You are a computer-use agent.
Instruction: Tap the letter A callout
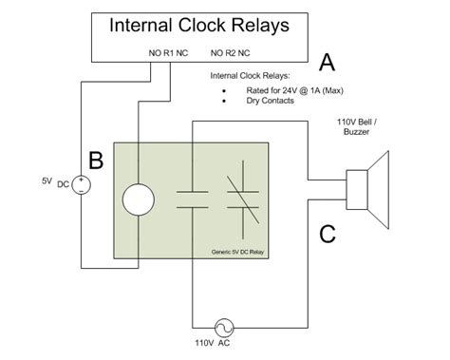[x=326, y=63]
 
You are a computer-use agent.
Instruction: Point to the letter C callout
[x=326, y=233]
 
